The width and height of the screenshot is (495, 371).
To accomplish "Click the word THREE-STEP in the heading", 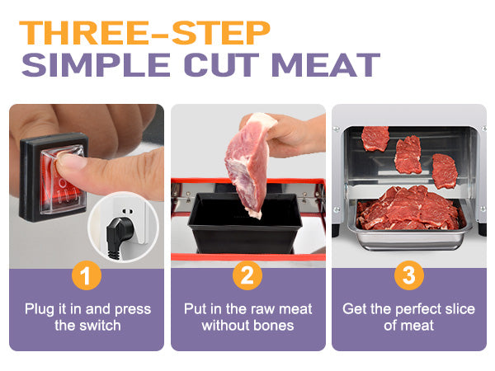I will [144, 33].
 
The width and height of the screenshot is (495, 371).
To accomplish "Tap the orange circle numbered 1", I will [86, 275].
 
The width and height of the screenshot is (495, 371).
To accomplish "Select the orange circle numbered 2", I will [247, 275].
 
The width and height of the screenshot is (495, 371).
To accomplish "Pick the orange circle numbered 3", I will [408, 275].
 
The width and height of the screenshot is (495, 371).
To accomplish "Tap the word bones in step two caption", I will [273, 325].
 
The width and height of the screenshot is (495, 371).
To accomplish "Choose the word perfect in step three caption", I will [420, 309].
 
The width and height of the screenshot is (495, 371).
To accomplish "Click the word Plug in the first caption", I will [39, 309].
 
